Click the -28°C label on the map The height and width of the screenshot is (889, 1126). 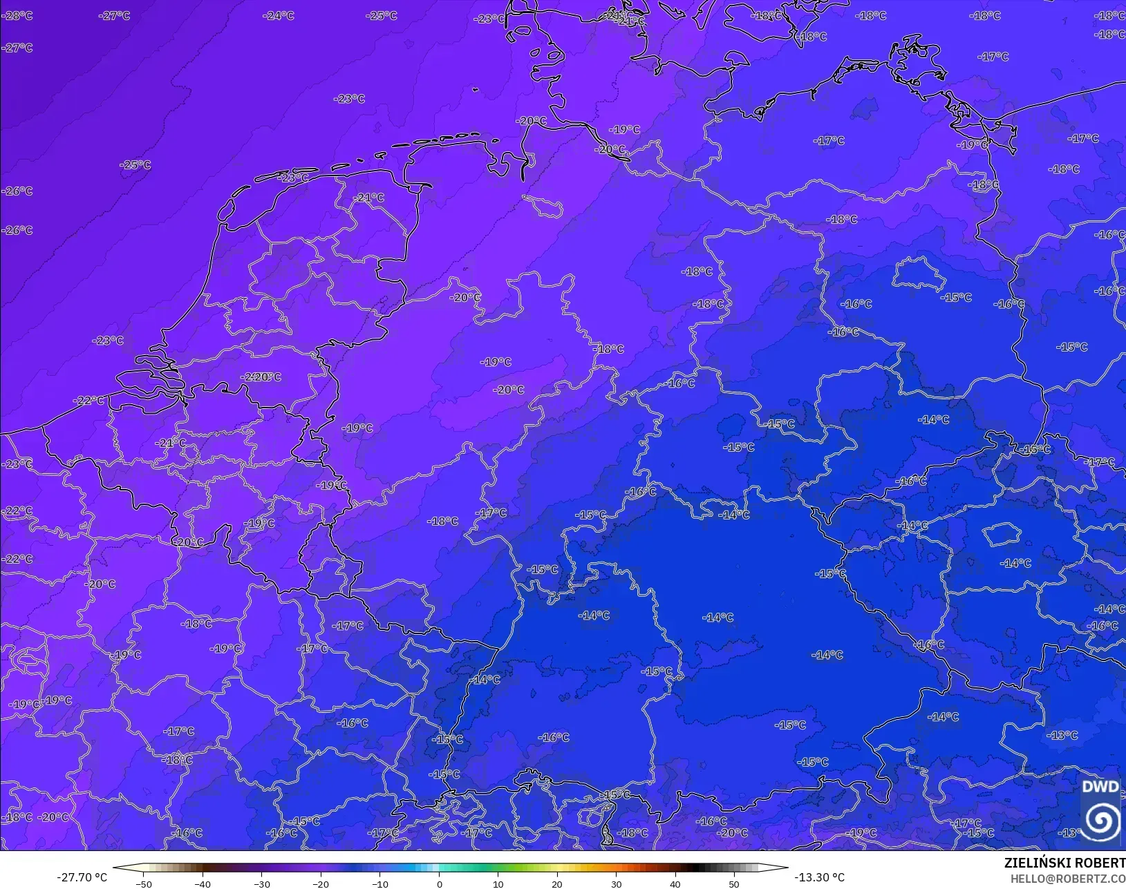point(17,15)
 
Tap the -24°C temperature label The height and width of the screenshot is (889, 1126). point(279,15)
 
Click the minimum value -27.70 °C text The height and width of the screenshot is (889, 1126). point(82,877)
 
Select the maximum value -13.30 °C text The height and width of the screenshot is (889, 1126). point(819,877)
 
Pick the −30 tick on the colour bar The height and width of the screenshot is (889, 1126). point(261,883)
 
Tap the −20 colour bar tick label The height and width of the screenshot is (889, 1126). point(320,883)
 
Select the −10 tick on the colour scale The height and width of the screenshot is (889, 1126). point(379,883)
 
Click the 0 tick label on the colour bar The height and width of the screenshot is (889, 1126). point(439,883)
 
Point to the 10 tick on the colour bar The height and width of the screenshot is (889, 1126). point(498,883)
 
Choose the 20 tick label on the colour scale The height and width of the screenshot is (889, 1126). point(557,883)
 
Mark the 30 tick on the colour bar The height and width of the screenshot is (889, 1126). point(616,883)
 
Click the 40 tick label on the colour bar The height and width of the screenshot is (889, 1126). point(675,883)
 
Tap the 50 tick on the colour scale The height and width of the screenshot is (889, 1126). point(734,883)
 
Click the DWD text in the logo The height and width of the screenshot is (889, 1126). point(1100,787)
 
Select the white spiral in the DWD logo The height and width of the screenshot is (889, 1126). point(1101,821)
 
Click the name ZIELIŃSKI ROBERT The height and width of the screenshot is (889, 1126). point(1064,863)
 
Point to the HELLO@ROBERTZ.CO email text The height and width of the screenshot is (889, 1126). point(1068,879)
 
